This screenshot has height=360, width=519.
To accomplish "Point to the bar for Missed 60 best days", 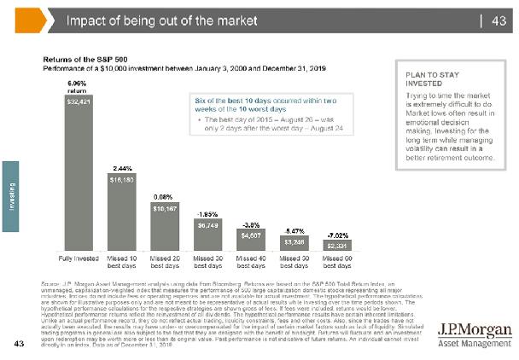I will (x=336, y=246).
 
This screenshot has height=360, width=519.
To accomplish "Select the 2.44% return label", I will (x=120, y=167).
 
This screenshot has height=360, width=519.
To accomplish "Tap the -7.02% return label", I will (x=336, y=234).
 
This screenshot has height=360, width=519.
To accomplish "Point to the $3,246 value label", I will (x=294, y=241).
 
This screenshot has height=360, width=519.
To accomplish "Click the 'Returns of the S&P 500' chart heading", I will (x=81, y=59).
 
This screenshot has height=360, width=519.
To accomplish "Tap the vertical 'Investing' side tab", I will (x=11, y=195).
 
